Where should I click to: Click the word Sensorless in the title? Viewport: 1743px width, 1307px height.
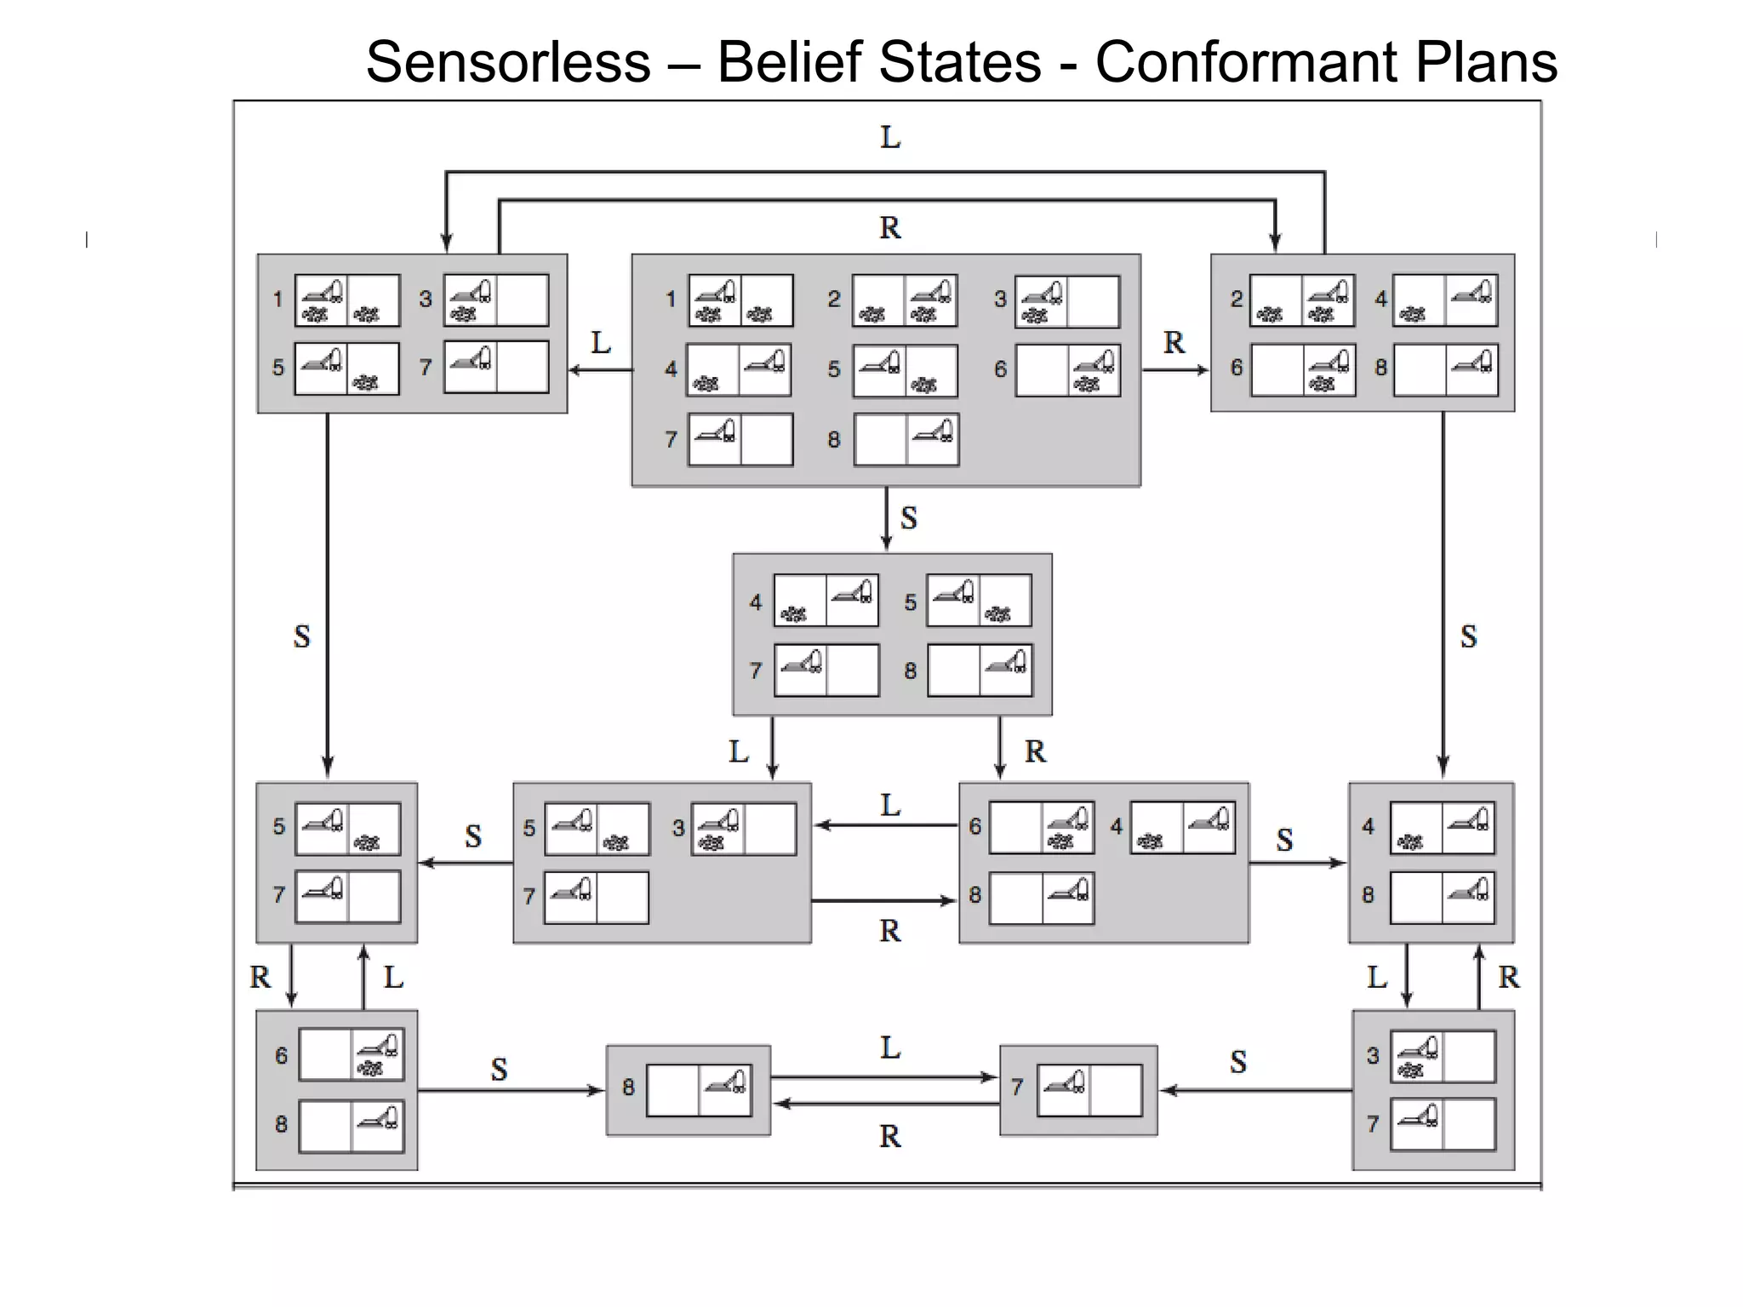click(x=508, y=62)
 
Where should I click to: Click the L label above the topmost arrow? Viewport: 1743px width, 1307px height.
click(x=890, y=137)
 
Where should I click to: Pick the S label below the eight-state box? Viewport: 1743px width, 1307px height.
click(x=909, y=518)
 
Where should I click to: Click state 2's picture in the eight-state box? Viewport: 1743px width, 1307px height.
click(x=905, y=300)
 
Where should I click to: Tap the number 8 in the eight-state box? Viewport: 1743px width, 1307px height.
click(x=834, y=439)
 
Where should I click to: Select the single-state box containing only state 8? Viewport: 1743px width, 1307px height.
click(x=688, y=1090)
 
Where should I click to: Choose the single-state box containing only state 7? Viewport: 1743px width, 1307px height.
click(x=1078, y=1090)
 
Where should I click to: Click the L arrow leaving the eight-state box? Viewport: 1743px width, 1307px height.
click(x=601, y=370)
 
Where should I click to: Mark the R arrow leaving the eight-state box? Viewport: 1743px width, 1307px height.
click(x=1174, y=370)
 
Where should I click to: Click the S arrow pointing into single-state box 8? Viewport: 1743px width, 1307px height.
click(x=511, y=1090)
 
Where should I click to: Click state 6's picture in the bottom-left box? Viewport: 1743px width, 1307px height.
click(x=351, y=1055)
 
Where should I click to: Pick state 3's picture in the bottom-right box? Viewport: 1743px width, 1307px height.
click(x=1443, y=1056)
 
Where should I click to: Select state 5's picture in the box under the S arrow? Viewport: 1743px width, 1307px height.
click(x=979, y=600)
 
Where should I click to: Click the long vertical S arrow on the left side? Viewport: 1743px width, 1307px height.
click(x=328, y=596)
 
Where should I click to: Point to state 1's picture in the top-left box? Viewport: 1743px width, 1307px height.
click(x=347, y=300)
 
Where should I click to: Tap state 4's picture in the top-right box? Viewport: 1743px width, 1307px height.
click(x=1445, y=300)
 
